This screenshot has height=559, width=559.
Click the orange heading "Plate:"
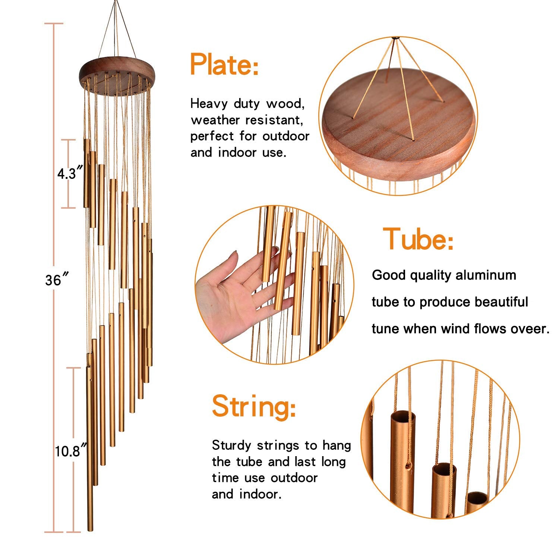click(x=224, y=64)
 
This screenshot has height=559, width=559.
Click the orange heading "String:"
click(x=254, y=407)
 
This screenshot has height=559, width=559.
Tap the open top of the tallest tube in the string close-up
click(x=403, y=416)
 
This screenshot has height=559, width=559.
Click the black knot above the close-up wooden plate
click(x=395, y=38)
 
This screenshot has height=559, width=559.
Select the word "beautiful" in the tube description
click(x=502, y=302)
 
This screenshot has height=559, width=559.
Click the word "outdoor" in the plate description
click(x=286, y=136)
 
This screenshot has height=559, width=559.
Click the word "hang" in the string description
click(x=337, y=446)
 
